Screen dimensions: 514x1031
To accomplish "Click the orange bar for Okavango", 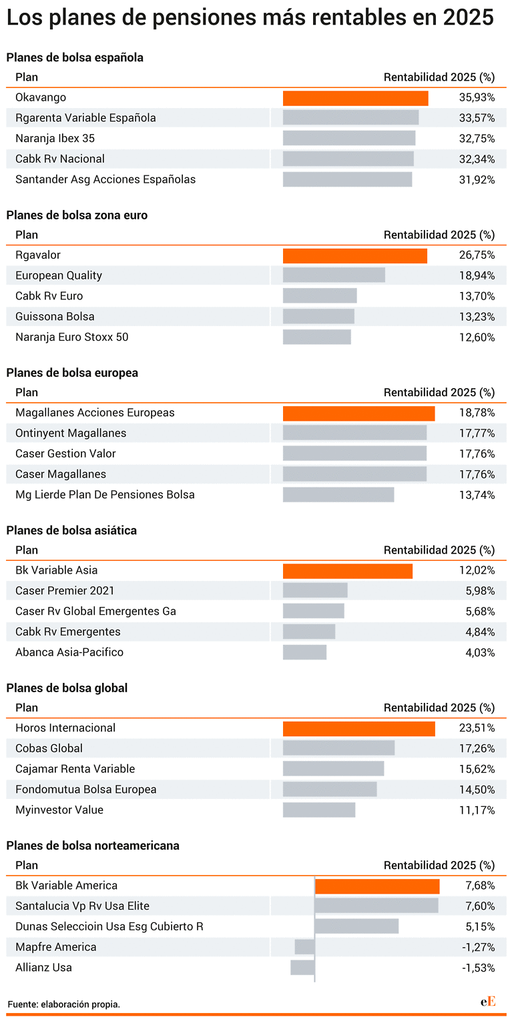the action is point(356,98).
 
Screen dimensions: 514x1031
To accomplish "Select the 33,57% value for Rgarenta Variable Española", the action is point(477,118).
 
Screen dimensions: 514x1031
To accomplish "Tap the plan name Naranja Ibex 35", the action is point(55,138).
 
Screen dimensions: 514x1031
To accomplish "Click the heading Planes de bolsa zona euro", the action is point(77,215).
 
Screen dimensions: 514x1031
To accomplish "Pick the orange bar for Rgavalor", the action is point(355,256).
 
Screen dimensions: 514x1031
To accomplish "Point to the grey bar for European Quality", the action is point(334,275).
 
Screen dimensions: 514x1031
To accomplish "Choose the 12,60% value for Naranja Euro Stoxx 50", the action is point(477,337).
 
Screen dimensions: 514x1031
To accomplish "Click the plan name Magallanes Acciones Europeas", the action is point(95,412).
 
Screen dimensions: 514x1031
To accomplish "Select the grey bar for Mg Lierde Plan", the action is point(338,494).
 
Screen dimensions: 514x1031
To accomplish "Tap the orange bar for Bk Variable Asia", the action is point(348,571).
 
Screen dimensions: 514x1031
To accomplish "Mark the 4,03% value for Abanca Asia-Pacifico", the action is point(480,653).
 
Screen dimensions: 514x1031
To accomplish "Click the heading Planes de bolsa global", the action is point(67,688).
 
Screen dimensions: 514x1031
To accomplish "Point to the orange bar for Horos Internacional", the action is point(358,729).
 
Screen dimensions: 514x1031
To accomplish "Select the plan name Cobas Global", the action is point(49,748).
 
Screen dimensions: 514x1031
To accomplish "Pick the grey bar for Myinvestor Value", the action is point(319,810).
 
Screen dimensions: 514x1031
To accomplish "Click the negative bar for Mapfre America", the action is point(305,947).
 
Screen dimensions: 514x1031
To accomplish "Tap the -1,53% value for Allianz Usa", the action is point(479,968).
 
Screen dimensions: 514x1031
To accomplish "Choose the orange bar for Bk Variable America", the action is point(377,886).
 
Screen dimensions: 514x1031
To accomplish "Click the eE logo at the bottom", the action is point(488,1001).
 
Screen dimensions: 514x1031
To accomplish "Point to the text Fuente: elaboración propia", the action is point(64,1004).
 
